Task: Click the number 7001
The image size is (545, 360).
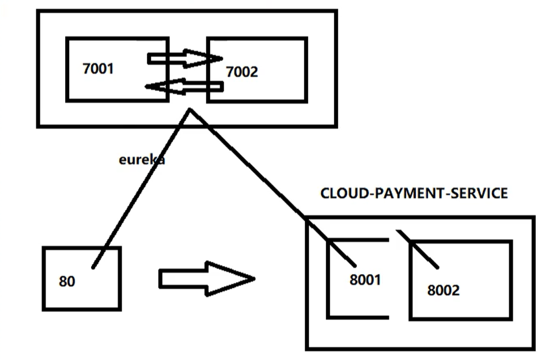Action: [99, 69]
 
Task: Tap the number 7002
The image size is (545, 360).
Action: [242, 72]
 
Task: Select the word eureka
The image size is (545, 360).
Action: [142, 160]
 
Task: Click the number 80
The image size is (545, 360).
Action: [67, 282]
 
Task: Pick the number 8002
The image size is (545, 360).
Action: [444, 290]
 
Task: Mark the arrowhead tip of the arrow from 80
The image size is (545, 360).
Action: [253, 279]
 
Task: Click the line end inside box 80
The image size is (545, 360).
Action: [93, 267]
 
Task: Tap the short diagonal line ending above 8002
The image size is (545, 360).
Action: [421, 250]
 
